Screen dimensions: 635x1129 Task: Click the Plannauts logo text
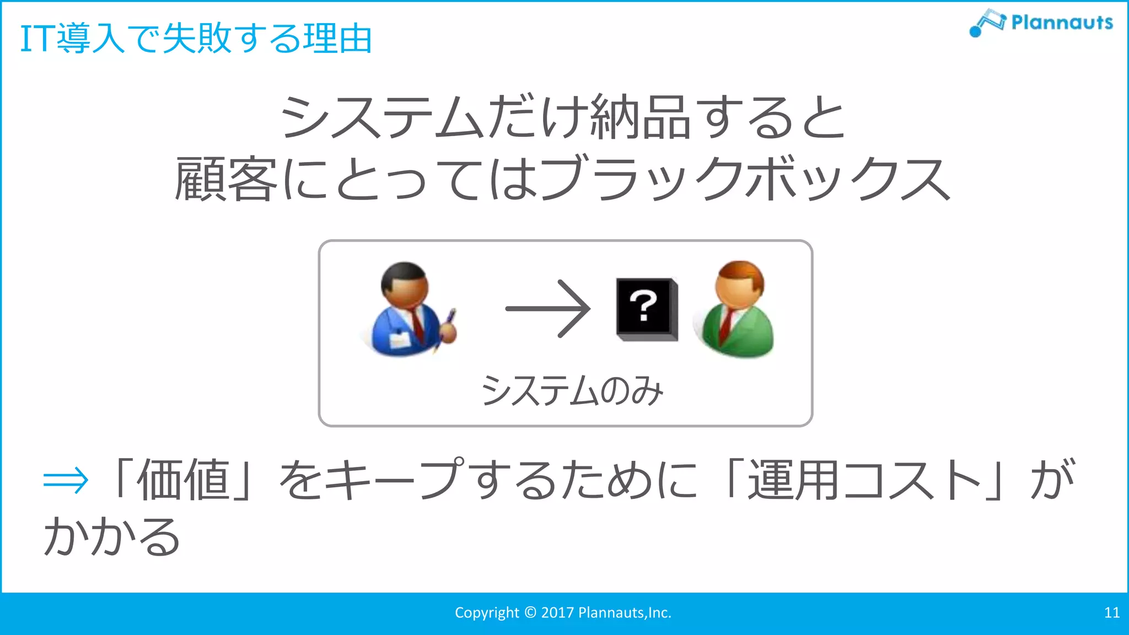click(x=1062, y=23)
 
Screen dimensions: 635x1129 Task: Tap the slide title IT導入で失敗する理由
click(x=196, y=39)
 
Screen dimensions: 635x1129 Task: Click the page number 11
click(x=1111, y=612)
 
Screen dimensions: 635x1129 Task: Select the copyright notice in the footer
click(x=563, y=612)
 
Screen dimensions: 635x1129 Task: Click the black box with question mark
click(x=646, y=309)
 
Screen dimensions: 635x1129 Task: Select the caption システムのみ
click(x=572, y=391)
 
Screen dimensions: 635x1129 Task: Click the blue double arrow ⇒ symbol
click(x=66, y=480)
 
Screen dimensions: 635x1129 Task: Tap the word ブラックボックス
click(x=744, y=179)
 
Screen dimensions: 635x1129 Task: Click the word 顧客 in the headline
click(x=226, y=179)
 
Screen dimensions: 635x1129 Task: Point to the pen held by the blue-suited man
click(x=449, y=320)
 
